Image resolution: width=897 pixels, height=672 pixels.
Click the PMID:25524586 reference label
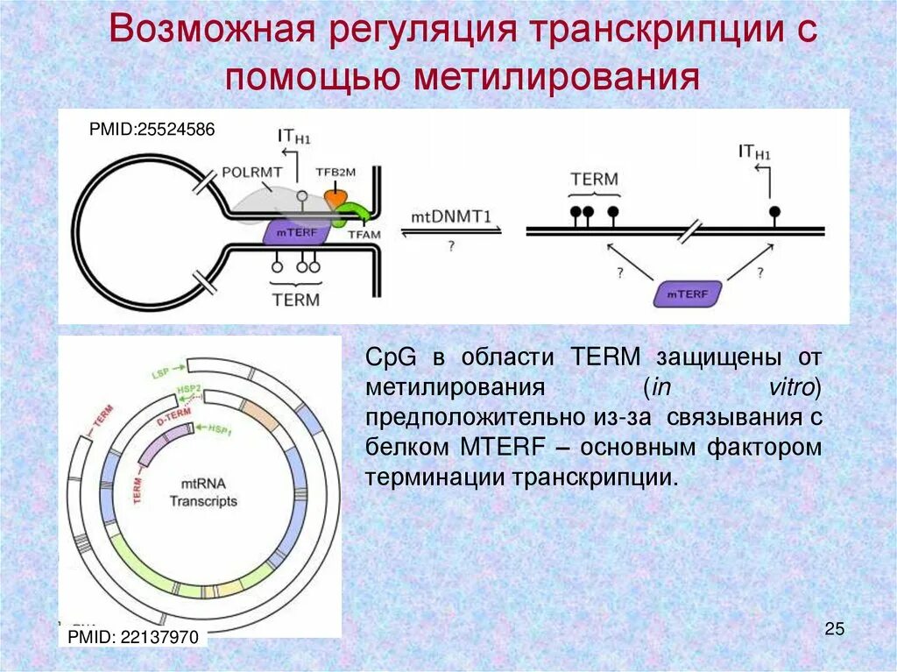pyautogui.click(x=152, y=130)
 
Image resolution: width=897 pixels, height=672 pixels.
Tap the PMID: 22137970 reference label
pyautogui.click(x=132, y=636)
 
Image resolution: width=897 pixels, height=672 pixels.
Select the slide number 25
pyautogui.click(x=834, y=628)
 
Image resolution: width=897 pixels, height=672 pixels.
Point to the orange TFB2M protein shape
pyautogui.click(x=336, y=198)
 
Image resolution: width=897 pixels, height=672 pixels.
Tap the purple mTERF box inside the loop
pyautogui.click(x=295, y=233)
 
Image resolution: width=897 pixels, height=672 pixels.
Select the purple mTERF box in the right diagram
pyautogui.click(x=688, y=293)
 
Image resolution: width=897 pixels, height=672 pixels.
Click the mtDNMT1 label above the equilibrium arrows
pyautogui.click(x=450, y=216)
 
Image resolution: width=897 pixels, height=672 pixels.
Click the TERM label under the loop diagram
pyautogui.click(x=294, y=299)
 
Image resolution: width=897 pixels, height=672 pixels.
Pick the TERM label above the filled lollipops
pyautogui.click(x=594, y=180)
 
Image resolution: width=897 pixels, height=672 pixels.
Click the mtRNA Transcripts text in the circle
pyautogui.click(x=203, y=493)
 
